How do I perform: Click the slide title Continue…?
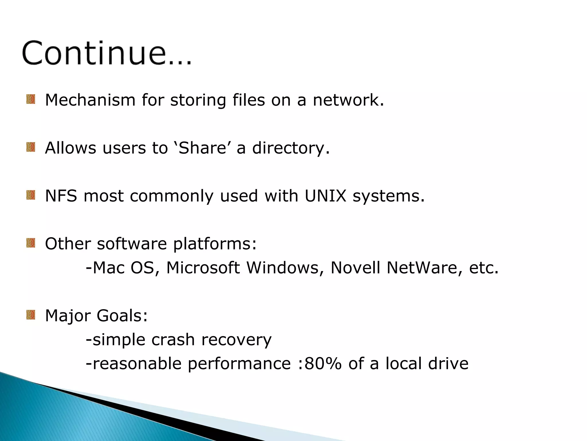pyautogui.click(x=107, y=53)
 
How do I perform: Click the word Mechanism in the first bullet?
pyautogui.click(x=90, y=100)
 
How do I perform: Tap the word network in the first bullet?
pyautogui.click(x=348, y=100)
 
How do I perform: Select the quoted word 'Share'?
pyautogui.click(x=202, y=148)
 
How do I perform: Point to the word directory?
pyautogui.click(x=291, y=149)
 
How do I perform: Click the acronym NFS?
pyautogui.click(x=61, y=196)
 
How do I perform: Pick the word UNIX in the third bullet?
pyautogui.click(x=326, y=196)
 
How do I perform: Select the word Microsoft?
pyautogui.click(x=203, y=268)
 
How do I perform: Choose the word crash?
pyautogui.click(x=173, y=340)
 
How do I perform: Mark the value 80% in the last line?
pyautogui.click(x=323, y=363)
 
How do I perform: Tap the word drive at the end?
pyautogui.click(x=448, y=363)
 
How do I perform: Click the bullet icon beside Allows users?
pyautogui.click(x=31, y=147)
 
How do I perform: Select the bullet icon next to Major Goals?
pyautogui.click(x=31, y=315)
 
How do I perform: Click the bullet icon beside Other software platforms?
pyautogui.click(x=31, y=243)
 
